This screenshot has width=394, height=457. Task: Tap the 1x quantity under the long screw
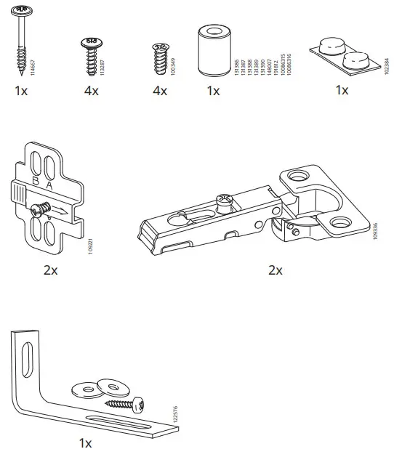coord(21,92)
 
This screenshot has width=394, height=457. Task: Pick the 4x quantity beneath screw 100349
coord(160,92)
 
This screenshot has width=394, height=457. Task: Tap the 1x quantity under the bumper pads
coord(342,91)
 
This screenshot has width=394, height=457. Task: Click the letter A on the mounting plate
coord(49,185)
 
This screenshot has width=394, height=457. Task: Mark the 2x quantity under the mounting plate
coord(50,270)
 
